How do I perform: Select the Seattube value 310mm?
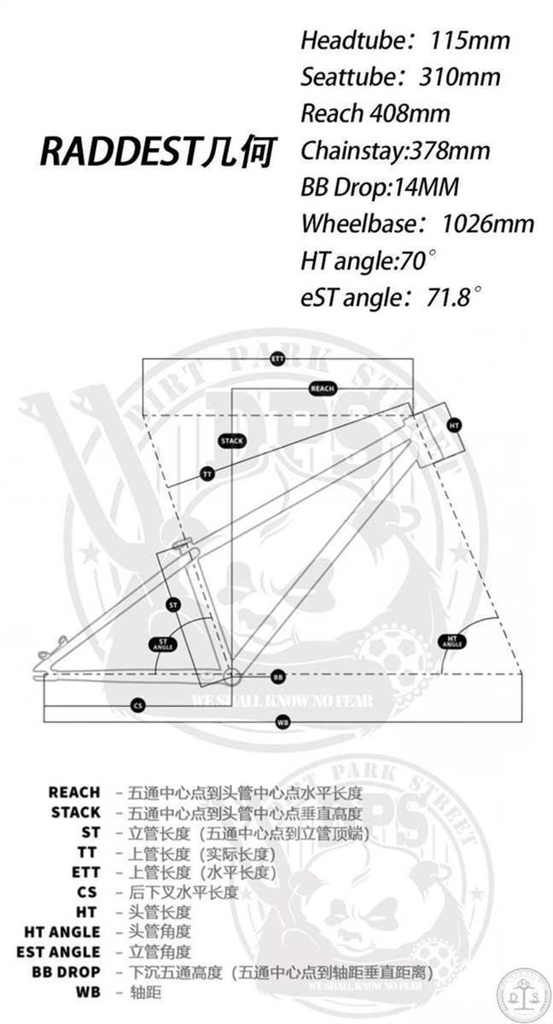tap(459, 76)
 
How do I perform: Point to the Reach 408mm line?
tap(375, 114)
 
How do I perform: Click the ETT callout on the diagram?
tap(278, 359)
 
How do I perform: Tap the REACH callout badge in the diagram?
tap(322, 388)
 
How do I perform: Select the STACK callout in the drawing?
tap(232, 441)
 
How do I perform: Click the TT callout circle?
tap(207, 475)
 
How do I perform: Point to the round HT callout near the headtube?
tap(454, 425)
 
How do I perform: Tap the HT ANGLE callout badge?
tap(452, 642)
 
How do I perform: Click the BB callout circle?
tap(278, 676)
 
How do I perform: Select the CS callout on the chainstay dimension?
tap(138, 705)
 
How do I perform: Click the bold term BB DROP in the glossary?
tap(66, 971)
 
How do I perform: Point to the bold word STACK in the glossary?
tap(75, 812)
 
